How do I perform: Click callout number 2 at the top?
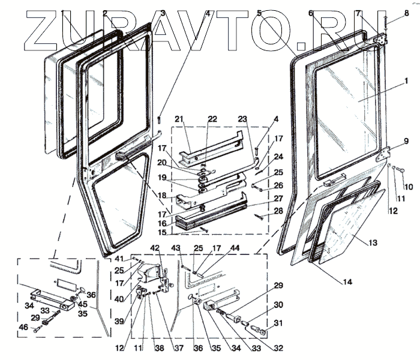click(x=105, y=13)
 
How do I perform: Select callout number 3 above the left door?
click(x=163, y=13)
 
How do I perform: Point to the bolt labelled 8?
click(x=383, y=25)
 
